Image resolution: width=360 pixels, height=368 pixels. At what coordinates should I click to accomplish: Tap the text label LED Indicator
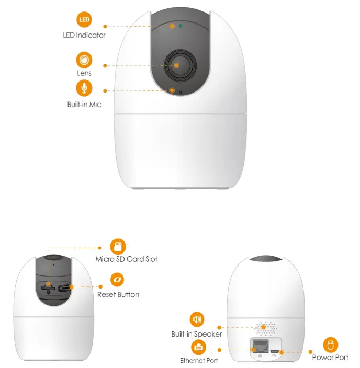pyautogui.click(x=84, y=36)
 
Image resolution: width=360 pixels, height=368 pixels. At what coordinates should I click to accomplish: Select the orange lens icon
pyautogui.click(x=84, y=59)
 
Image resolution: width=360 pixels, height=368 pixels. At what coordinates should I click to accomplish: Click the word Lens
pyautogui.click(x=84, y=74)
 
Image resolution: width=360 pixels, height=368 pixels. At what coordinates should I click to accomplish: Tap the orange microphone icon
pyautogui.click(x=84, y=87)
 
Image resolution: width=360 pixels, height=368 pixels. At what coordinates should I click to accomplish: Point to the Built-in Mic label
pyautogui.click(x=84, y=105)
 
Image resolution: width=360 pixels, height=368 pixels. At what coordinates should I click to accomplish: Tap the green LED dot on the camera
pyautogui.click(x=181, y=25)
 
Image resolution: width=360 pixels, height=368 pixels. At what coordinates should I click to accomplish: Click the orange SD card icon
pyautogui.click(x=118, y=246)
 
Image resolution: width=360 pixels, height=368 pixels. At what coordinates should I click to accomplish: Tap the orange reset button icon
pyautogui.click(x=118, y=280)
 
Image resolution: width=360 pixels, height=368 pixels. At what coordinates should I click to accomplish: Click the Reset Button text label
pyautogui.click(x=118, y=295)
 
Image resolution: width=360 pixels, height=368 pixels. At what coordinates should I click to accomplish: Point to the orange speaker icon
pyautogui.click(x=197, y=319)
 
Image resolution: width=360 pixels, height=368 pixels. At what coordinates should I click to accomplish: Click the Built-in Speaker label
pyautogui.click(x=197, y=334)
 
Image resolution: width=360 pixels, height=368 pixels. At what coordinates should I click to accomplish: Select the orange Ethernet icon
pyautogui.click(x=198, y=347)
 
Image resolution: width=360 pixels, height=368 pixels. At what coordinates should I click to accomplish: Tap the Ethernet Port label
pyautogui.click(x=199, y=361)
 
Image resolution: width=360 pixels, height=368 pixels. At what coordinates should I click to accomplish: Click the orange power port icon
pyautogui.click(x=330, y=344)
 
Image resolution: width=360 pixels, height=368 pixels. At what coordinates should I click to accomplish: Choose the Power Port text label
pyautogui.click(x=330, y=358)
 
